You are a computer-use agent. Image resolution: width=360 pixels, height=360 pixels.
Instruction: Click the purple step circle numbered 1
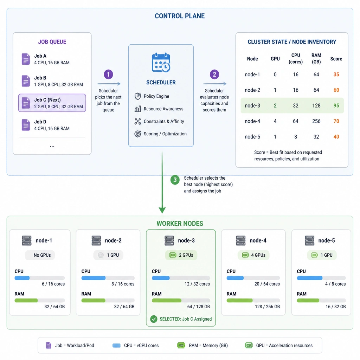tap(108, 75)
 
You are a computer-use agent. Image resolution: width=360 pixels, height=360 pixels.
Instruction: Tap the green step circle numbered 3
tap(175, 180)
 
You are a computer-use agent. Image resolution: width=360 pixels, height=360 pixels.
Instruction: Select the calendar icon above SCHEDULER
tap(161, 63)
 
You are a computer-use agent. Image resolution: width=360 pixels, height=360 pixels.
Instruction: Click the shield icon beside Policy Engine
tap(137, 96)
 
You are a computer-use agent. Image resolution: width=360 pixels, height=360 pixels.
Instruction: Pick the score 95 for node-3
tap(336, 105)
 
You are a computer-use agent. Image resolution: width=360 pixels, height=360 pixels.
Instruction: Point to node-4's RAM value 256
tap(316, 121)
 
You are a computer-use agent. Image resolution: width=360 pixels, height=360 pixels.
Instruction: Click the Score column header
tap(336, 59)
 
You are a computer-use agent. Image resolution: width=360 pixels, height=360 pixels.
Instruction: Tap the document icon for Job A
tap(26, 59)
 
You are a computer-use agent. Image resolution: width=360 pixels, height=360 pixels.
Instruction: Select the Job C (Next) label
tap(47, 100)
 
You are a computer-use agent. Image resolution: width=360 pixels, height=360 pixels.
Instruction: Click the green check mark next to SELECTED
tap(154, 319)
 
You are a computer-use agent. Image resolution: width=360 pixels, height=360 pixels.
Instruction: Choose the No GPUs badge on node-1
tap(40, 255)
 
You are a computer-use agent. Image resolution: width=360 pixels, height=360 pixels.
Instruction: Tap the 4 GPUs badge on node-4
tap(253, 255)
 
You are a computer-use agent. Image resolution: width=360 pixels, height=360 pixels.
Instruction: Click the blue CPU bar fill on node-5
tap(309, 278)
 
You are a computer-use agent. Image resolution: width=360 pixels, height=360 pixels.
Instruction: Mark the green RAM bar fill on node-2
tap(93, 301)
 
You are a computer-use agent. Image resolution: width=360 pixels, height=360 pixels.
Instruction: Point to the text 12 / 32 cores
tap(197, 284)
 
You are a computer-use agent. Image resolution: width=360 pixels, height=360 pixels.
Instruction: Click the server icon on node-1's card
tap(27, 240)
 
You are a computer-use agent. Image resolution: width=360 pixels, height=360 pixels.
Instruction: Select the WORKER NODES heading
tap(180, 224)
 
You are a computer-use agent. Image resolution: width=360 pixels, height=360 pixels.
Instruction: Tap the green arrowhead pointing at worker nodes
tap(162, 210)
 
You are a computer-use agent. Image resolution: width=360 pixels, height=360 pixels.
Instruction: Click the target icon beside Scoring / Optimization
tap(137, 134)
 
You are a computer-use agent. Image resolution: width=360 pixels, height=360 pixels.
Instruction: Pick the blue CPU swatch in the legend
tap(116, 346)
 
